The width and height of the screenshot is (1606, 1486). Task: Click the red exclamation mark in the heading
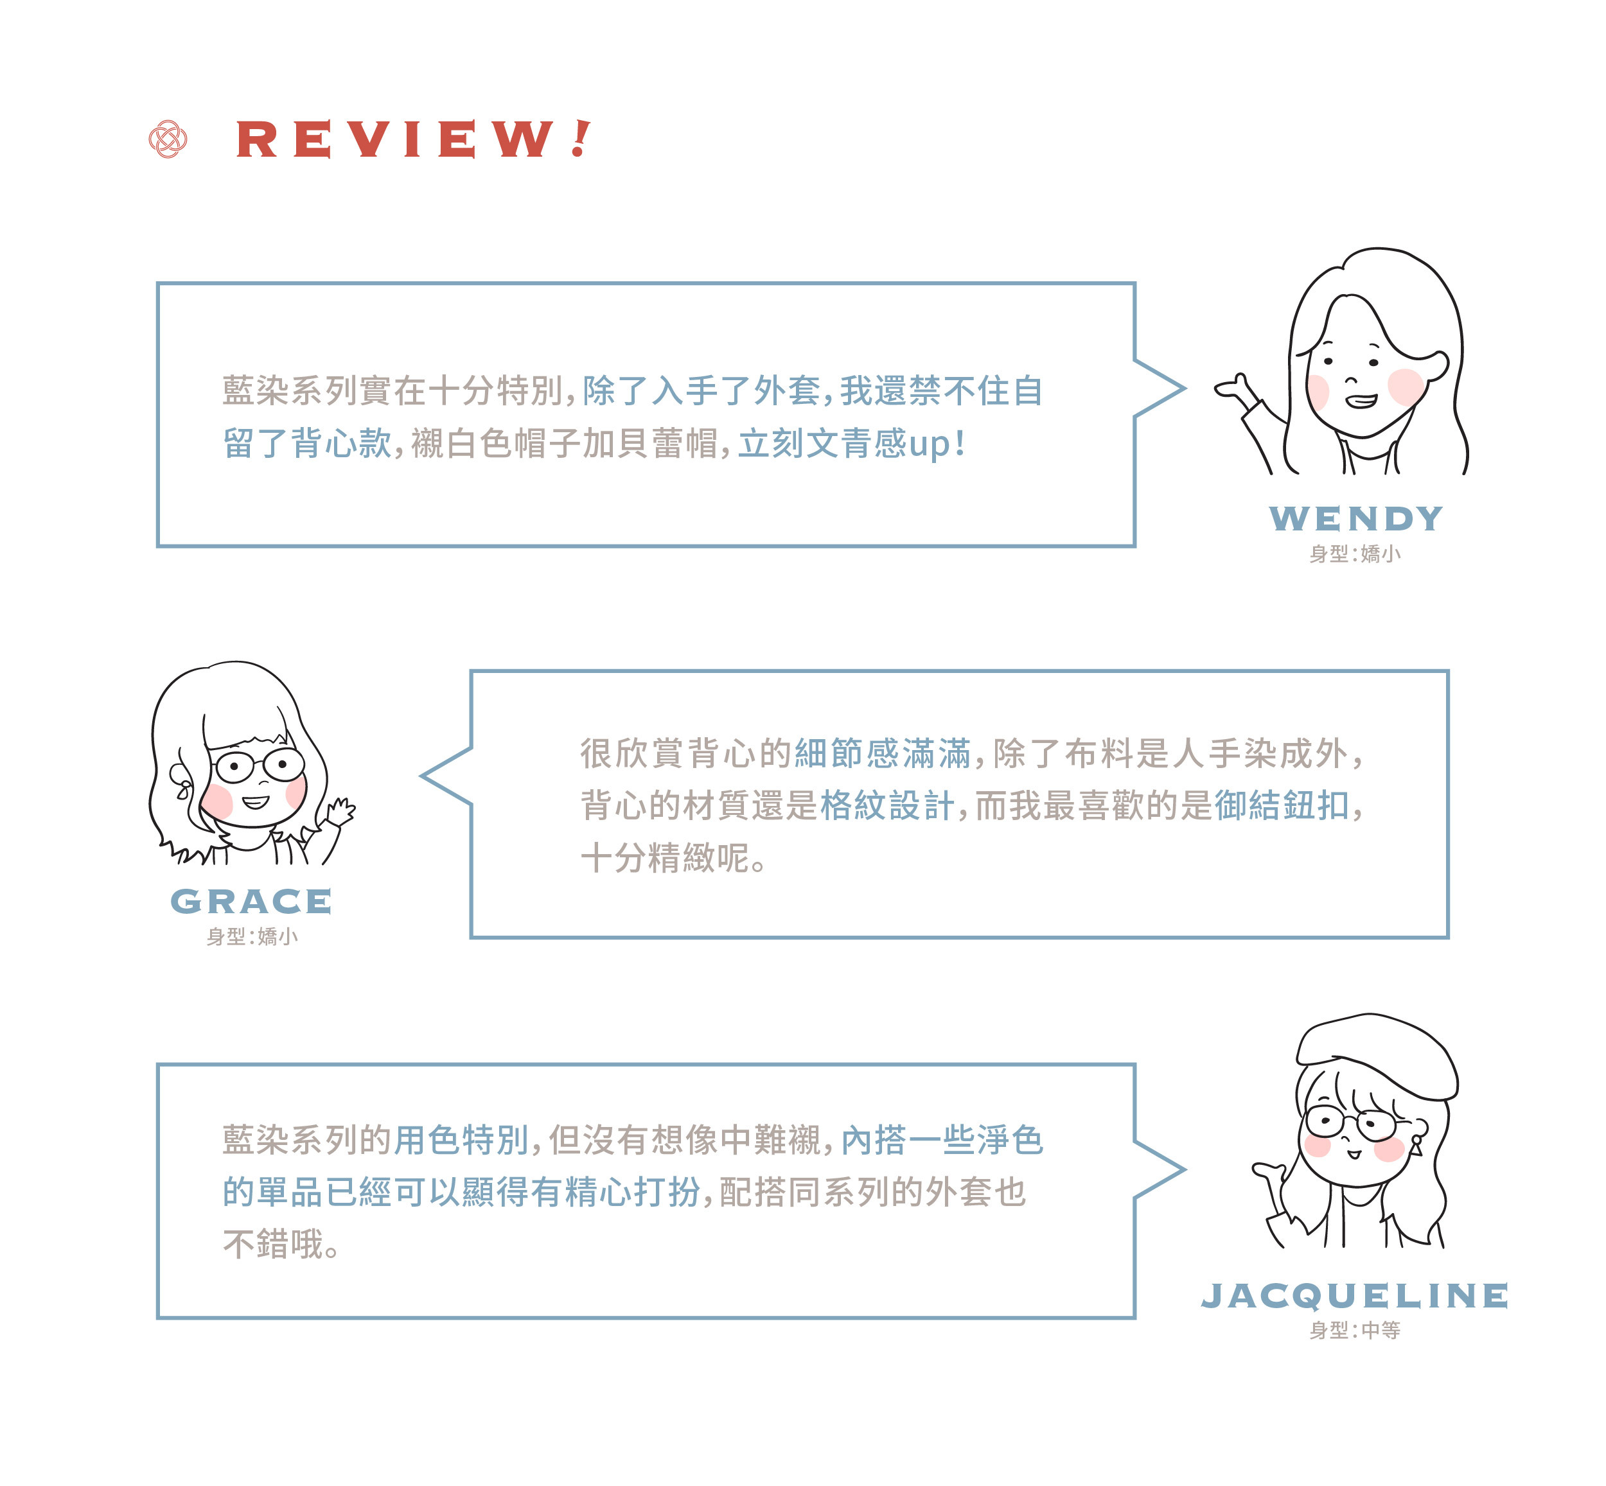(581, 138)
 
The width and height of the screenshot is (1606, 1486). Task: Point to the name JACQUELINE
(1354, 1295)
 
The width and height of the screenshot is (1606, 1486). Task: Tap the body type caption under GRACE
(252, 936)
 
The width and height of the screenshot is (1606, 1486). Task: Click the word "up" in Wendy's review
(929, 444)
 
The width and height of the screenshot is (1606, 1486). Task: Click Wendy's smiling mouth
(1361, 401)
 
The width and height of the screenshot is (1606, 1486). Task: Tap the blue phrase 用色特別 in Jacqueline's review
(461, 1139)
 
